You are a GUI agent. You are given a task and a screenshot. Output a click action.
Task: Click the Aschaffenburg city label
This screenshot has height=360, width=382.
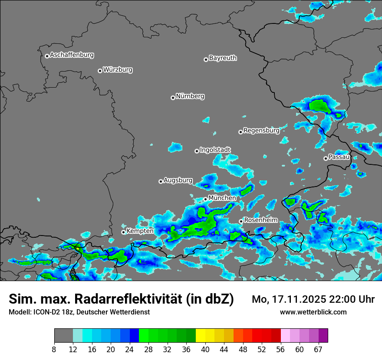[72, 55]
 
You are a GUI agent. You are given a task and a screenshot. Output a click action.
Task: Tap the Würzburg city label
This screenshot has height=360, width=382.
[118, 70]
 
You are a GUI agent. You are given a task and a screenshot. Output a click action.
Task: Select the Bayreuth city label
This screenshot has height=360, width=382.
[223, 58]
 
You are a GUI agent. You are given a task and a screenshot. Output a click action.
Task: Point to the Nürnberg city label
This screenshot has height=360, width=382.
[190, 96]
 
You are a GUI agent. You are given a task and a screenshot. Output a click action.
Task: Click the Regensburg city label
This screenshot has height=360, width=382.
[261, 130]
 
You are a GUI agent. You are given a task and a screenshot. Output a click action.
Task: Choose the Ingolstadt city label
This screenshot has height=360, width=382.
[215, 150]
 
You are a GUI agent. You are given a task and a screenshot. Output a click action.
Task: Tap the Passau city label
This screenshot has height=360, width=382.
[339, 157]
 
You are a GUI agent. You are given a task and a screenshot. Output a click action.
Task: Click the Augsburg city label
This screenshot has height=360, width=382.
[178, 180]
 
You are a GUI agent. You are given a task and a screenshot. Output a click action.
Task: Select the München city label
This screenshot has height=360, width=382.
[222, 198]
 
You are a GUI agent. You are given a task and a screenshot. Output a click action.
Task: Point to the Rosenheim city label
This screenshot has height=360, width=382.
[260, 220]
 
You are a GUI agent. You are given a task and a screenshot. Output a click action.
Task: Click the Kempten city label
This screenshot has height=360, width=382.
[140, 231]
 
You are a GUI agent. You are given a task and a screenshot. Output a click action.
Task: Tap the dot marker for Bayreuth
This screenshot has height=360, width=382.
[206, 59]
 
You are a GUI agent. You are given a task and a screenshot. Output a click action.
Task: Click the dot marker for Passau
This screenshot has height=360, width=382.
[326, 158]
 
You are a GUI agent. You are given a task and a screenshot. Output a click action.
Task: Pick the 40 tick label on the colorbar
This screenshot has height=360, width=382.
[205, 350]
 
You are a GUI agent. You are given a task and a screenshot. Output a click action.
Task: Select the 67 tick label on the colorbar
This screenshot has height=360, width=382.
[318, 350]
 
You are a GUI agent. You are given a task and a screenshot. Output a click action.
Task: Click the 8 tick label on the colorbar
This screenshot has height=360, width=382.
[54, 350]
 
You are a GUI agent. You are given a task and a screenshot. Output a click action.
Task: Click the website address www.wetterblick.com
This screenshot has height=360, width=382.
[313, 312]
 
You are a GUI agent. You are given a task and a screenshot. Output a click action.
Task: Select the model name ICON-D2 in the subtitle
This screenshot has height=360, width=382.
[46, 312]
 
